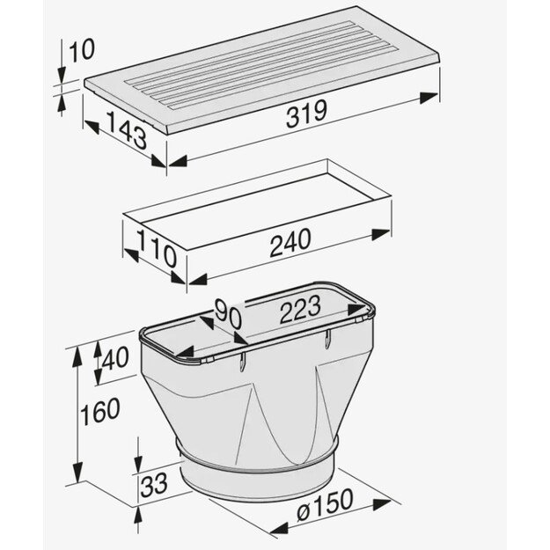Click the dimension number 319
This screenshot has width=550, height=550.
click(306, 114)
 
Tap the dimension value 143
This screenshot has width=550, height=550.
click(127, 129)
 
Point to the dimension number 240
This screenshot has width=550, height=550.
click(290, 242)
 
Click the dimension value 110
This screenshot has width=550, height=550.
click(157, 248)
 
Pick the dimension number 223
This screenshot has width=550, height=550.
click(300, 309)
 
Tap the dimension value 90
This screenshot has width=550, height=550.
click(228, 314)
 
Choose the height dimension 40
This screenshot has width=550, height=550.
click(115, 358)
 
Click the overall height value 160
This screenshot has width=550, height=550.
click(100, 411)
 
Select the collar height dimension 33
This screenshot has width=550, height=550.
click(154, 485)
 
